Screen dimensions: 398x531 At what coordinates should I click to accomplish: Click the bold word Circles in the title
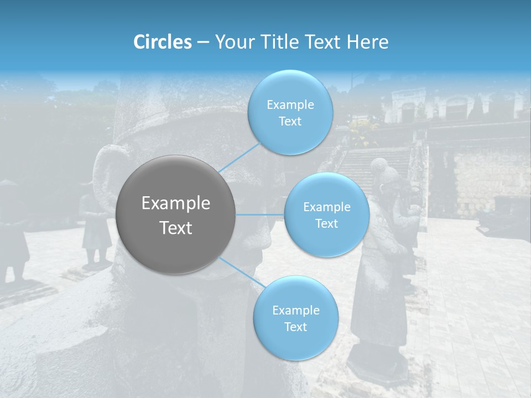pos(163,41)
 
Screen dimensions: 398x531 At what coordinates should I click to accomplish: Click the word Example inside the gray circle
pos(175,203)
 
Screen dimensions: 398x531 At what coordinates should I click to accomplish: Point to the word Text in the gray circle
pos(175,227)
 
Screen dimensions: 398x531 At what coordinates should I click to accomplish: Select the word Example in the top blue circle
pos(290,104)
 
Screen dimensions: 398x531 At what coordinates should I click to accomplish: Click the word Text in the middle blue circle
pos(326,223)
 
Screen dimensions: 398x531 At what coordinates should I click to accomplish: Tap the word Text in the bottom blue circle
pos(295,327)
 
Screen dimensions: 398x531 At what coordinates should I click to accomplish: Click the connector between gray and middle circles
pos(260,214)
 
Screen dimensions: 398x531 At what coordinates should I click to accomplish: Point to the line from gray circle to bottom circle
pos(241,272)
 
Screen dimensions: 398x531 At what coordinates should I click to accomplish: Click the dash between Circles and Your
pos(202,42)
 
